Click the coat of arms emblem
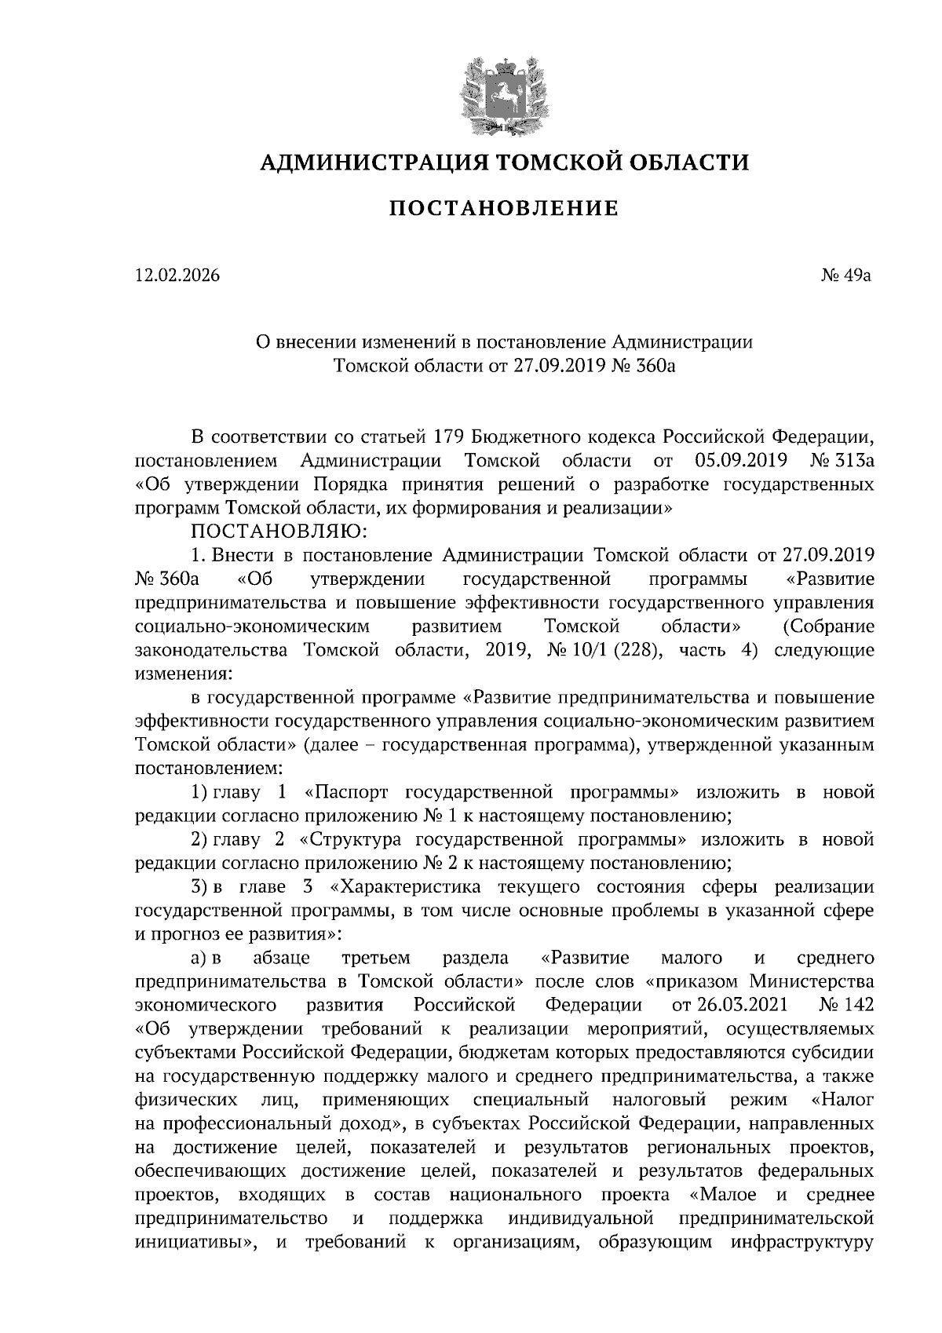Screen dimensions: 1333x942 coord(502,93)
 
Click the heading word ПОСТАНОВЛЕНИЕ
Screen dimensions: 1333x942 coord(504,209)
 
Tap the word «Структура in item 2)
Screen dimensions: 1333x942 coord(351,840)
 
